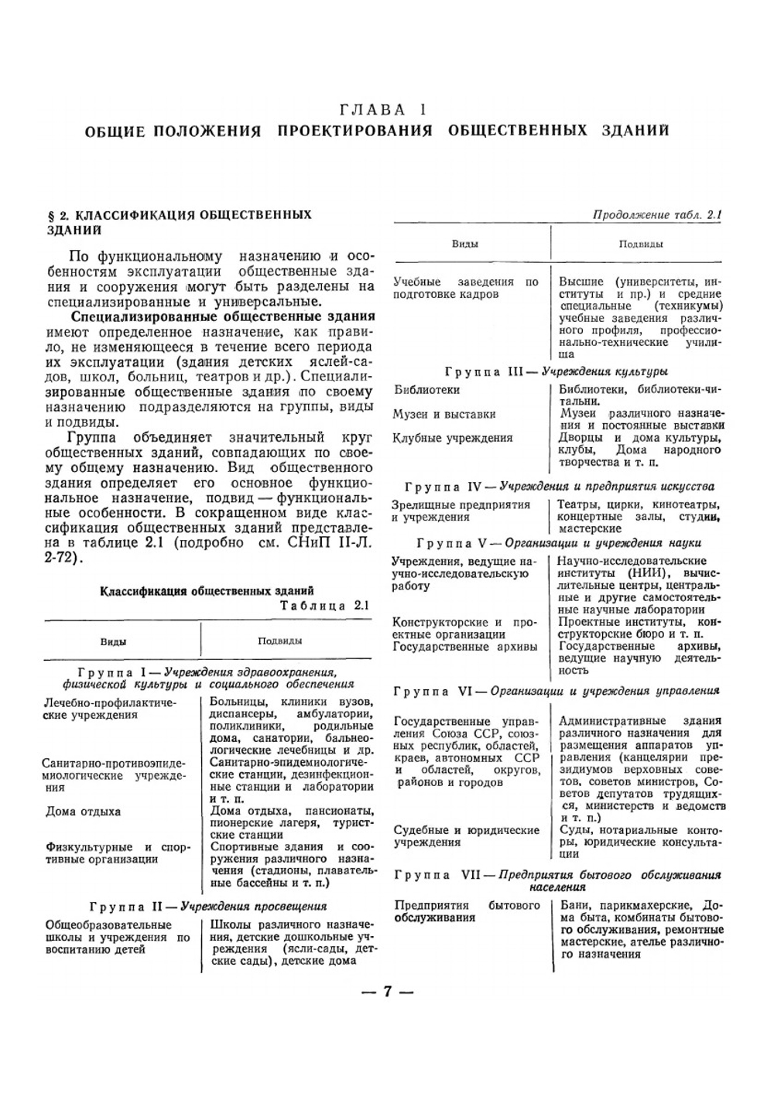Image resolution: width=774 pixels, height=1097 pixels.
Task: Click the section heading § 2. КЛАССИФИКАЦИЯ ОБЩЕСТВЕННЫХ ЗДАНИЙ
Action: (179, 221)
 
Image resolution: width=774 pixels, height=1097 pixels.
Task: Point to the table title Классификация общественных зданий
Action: (207, 591)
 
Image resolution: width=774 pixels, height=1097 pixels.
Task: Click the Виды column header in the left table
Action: (113, 641)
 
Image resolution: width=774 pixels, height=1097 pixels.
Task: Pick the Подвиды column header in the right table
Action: (640, 244)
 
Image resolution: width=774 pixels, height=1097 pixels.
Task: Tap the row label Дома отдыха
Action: (83, 812)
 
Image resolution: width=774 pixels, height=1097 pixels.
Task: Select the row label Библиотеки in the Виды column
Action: (426, 389)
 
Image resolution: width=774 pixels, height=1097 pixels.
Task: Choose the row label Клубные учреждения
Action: (453, 438)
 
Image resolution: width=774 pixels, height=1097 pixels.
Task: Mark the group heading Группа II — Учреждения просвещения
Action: (207, 905)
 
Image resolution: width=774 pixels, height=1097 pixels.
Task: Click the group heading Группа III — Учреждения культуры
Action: (556, 371)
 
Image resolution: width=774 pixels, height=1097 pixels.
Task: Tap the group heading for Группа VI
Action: (556, 690)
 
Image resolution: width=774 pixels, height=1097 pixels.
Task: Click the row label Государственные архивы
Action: (464, 646)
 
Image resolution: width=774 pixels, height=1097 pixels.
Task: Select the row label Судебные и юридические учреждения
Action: (466, 836)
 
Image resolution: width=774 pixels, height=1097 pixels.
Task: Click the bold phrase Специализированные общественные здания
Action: (223, 316)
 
